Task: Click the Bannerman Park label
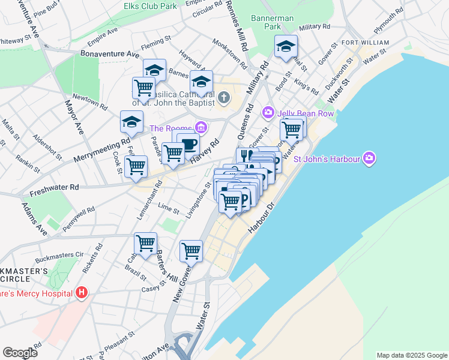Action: [x=273, y=22]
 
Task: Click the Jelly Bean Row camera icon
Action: [x=268, y=112]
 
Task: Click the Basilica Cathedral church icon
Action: [x=223, y=97]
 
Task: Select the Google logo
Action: [x=20, y=352]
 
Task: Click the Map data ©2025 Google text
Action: [x=411, y=355]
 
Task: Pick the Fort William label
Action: [x=366, y=43]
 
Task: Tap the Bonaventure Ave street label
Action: [x=105, y=54]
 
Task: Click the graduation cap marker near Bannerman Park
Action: [x=286, y=46]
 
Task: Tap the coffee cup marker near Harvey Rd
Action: [x=188, y=144]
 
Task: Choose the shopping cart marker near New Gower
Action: [x=191, y=250]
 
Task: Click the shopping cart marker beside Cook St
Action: [x=136, y=166]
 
